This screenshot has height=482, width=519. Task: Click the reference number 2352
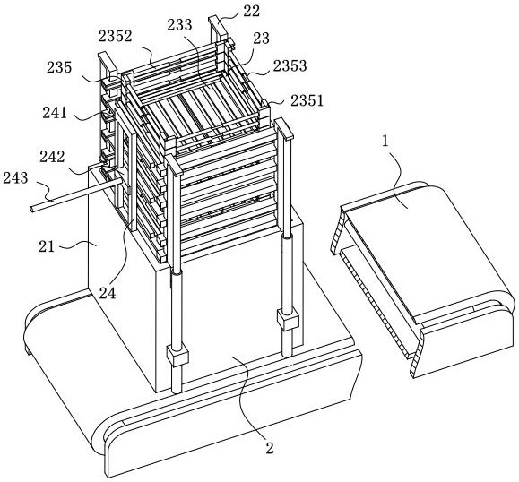tap(116, 36)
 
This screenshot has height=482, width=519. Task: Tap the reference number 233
tap(180, 24)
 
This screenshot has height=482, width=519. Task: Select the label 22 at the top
tap(252, 11)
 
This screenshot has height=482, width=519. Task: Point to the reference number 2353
tap(290, 65)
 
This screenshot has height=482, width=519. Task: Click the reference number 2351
tap(307, 100)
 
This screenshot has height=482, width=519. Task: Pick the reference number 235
tap(59, 67)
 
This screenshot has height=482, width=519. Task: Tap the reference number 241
tap(55, 113)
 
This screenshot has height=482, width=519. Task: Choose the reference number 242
tap(52, 157)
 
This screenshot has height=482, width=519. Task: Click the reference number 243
tap(15, 178)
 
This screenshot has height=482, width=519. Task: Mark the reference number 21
tap(47, 246)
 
